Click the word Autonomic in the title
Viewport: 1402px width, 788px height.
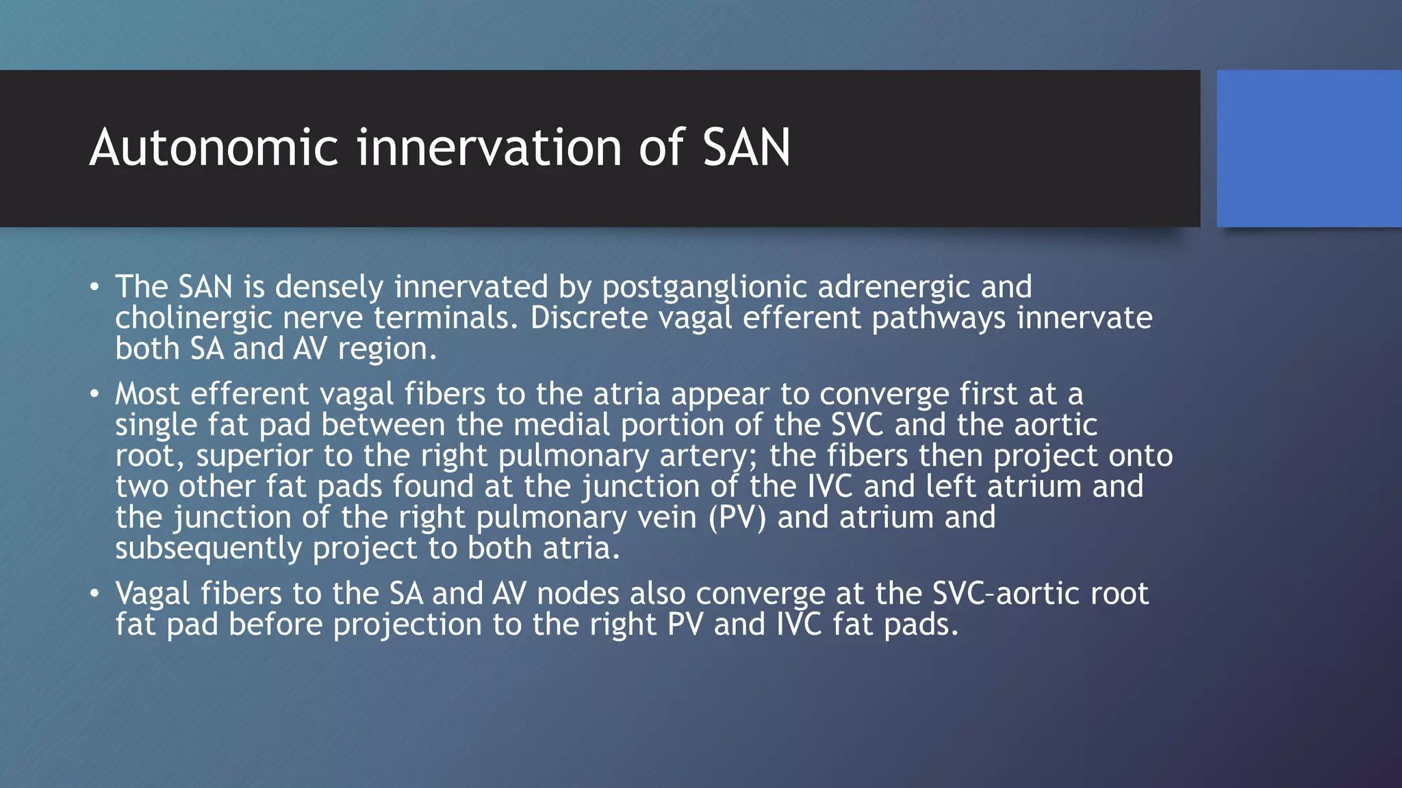coord(214,148)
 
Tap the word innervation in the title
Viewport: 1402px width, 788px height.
coord(489,148)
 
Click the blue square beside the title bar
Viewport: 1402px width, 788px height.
coord(1309,148)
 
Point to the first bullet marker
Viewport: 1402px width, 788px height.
coord(94,287)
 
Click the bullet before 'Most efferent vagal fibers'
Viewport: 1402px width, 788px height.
coord(94,394)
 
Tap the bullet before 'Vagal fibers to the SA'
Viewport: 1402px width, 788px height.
coord(94,593)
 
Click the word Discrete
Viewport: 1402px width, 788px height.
coord(589,318)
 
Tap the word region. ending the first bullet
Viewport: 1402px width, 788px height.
coord(387,350)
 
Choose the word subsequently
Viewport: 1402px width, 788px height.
coord(208,549)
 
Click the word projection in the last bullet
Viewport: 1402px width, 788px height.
coord(407,625)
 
